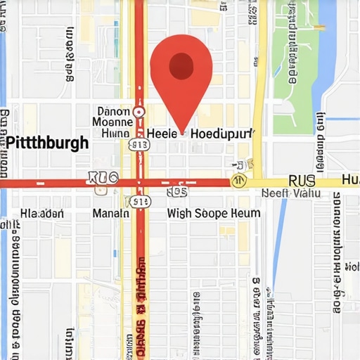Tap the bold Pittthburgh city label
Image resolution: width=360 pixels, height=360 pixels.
(x=47, y=143)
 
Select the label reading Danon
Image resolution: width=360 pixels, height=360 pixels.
(x=113, y=111)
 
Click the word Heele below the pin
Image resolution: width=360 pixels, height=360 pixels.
(x=161, y=133)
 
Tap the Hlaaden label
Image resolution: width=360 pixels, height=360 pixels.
(x=42, y=213)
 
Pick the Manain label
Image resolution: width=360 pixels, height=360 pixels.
(x=110, y=213)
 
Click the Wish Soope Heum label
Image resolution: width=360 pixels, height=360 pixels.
(x=214, y=213)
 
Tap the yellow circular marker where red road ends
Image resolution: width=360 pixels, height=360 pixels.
(x=239, y=181)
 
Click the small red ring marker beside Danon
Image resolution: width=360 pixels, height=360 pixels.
(x=139, y=111)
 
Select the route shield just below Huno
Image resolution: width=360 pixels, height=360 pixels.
(x=139, y=145)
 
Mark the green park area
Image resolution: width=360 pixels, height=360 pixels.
(x=295, y=70)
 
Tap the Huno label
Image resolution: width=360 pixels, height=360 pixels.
(x=115, y=133)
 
